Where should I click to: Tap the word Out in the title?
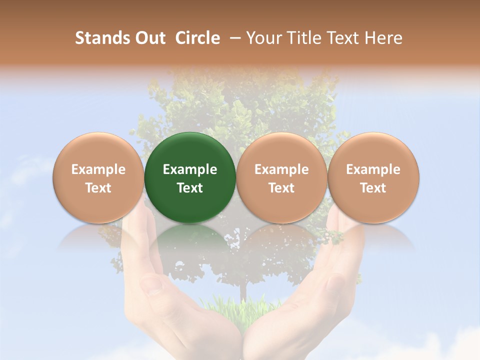tap(149, 38)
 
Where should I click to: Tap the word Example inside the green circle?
tap(190, 169)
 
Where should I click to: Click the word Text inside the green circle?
tap(190, 188)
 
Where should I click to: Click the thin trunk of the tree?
tap(243, 290)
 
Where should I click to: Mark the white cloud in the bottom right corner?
tap(450, 345)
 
